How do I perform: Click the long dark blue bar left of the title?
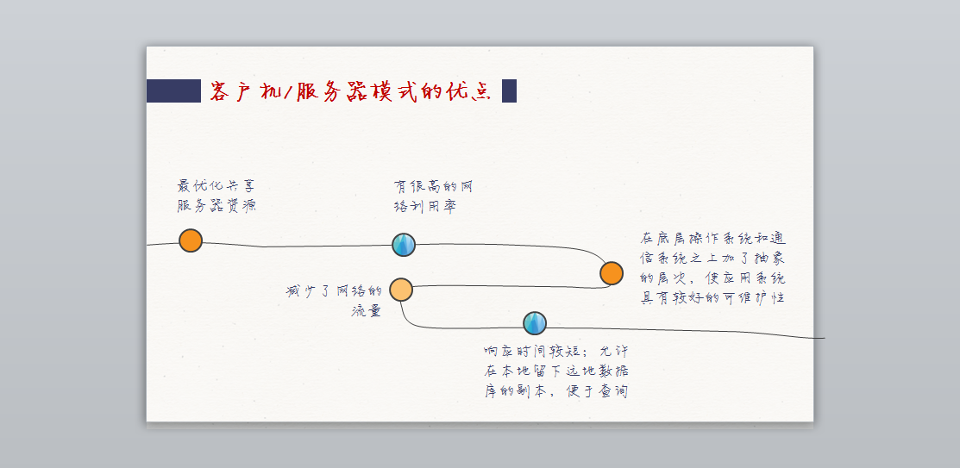coord(173,90)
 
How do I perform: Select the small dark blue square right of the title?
coord(509,90)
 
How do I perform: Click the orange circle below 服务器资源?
coord(191,240)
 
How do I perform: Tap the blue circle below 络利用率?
coord(404,245)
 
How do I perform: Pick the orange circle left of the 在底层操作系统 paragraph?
coord(612,273)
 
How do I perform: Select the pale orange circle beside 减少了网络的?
coord(401,290)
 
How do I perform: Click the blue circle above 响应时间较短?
coord(535,322)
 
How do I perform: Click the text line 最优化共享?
coord(216,186)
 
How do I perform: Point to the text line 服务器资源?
coord(216,206)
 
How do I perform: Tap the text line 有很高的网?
coord(433,186)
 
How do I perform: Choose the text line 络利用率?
coord(425,207)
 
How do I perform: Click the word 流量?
coord(367,310)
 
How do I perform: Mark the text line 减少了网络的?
coord(334,291)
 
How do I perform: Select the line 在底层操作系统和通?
coord(712,238)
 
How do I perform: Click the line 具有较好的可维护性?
coord(712,298)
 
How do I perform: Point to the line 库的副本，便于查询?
coord(555,392)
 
